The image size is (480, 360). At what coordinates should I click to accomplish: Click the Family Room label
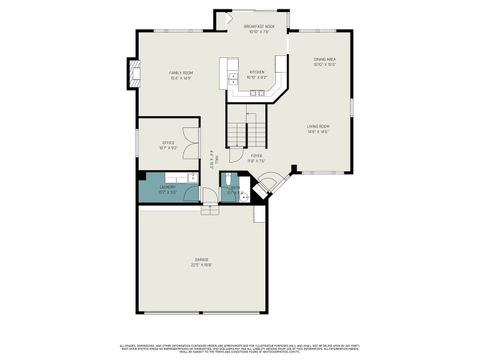pyautogui.click(x=180, y=75)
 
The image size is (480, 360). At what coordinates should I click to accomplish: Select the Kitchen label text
pyautogui.click(x=257, y=74)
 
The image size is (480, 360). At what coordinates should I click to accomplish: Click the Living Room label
pyautogui.click(x=319, y=129)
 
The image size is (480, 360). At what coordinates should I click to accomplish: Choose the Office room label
pyautogui.click(x=167, y=145)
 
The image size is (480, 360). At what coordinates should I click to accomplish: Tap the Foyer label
pyautogui.click(x=257, y=157)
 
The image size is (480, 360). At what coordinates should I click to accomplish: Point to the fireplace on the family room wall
pyautogui.click(x=127, y=73)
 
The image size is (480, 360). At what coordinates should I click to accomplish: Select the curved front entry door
pyautogui.click(x=268, y=186)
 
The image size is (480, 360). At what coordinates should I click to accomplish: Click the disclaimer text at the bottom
pyautogui.click(x=240, y=346)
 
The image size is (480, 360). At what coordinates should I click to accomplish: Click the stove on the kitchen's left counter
pyautogui.click(x=231, y=74)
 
